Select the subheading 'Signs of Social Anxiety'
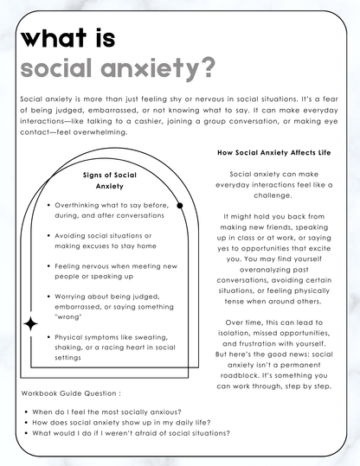(110, 180)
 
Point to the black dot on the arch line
(180, 206)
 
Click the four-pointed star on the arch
(32, 323)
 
